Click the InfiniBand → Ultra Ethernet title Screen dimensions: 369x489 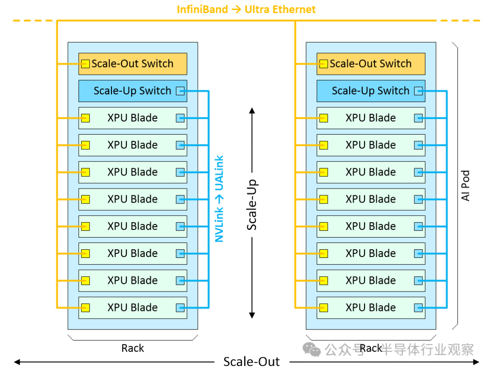coord(246,10)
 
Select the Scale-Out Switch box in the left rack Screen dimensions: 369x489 coord(133,64)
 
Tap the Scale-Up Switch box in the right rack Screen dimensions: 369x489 coord(371,91)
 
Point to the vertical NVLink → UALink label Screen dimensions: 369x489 coord(220,199)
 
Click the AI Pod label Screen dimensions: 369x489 coord(465,186)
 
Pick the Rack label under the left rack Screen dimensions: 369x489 coord(133,348)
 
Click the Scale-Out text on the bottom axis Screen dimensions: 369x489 coord(251,362)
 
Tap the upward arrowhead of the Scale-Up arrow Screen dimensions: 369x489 coord(252,110)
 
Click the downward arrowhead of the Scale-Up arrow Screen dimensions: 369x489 coord(252,315)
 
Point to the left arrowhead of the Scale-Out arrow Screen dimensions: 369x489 coord(17,362)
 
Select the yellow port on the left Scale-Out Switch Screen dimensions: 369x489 coord(85,64)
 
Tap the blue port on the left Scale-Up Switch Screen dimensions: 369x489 coord(180,91)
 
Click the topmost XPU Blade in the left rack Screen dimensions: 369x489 coord(133,118)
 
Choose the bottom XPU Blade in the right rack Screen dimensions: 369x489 coord(371,308)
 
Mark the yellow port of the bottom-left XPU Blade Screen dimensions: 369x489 coord(85,308)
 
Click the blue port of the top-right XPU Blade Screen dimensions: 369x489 coord(418,118)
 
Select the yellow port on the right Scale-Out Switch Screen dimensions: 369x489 coord(323,64)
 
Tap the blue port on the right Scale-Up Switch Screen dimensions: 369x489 coord(418,91)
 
